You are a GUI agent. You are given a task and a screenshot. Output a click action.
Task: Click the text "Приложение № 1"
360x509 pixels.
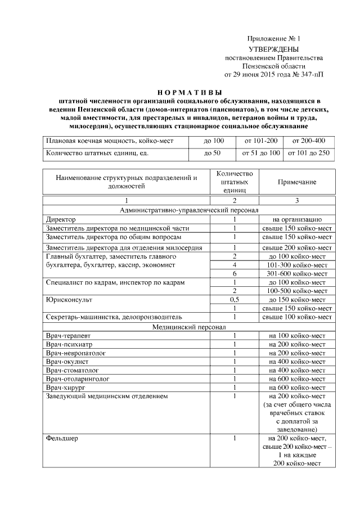pyautogui.click(x=274, y=39)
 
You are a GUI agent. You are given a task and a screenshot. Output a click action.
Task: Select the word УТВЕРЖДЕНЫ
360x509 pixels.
pyautogui.click(x=274, y=49)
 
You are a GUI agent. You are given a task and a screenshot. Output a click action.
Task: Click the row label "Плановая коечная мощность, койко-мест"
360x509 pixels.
pyautogui.click(x=110, y=141)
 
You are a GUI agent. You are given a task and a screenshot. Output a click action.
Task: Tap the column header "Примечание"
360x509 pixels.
pyautogui.click(x=296, y=182)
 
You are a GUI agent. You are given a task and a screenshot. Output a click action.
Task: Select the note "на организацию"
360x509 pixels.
pyautogui.click(x=296, y=219)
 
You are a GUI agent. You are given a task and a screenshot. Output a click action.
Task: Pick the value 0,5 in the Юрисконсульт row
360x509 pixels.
pyautogui.click(x=235, y=300)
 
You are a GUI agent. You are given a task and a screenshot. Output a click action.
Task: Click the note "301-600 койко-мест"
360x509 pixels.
pyautogui.click(x=296, y=273)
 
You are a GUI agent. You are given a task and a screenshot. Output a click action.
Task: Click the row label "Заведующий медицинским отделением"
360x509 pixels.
pyautogui.click(x=107, y=397)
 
